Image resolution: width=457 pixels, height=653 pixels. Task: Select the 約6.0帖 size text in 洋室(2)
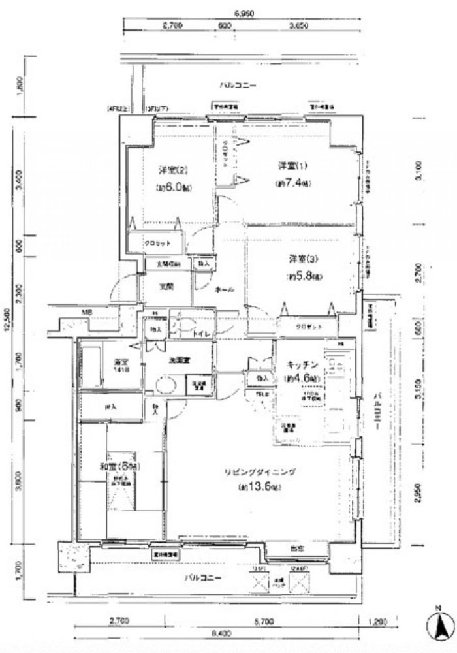[x=172, y=188]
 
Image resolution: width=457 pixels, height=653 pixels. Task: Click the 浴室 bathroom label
[x=121, y=360]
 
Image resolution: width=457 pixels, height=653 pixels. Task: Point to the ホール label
[x=224, y=290]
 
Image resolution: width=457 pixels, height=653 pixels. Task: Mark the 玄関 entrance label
[x=166, y=286]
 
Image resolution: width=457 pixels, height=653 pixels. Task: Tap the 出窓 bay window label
[x=296, y=549]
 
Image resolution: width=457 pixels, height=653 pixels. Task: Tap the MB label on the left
[x=86, y=313]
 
